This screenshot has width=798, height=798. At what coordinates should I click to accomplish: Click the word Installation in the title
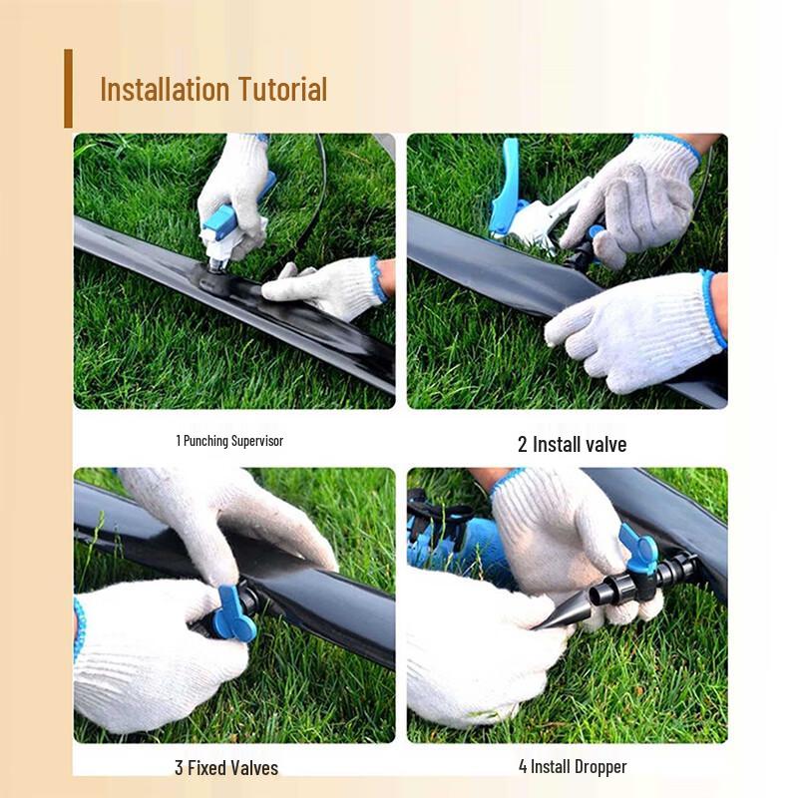tap(166, 89)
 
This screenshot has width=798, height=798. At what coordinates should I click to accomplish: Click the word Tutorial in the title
tap(282, 89)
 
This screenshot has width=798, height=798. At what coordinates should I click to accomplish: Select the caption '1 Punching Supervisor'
tap(229, 440)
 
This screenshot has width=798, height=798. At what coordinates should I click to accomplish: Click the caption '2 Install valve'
tap(572, 444)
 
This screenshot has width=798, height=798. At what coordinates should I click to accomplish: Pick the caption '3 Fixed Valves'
tap(226, 767)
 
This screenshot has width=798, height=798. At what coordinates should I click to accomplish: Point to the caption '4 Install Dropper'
tap(573, 766)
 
